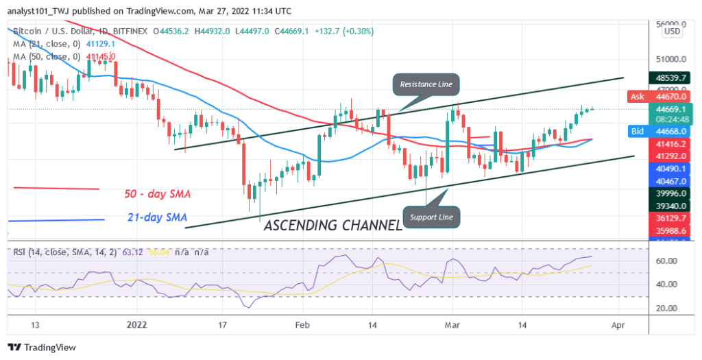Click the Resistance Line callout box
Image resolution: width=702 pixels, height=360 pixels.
click(x=426, y=84)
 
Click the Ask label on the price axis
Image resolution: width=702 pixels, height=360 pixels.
click(x=636, y=97)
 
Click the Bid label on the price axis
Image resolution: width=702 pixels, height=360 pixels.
click(x=636, y=131)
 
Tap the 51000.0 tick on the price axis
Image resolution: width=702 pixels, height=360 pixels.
click(x=669, y=59)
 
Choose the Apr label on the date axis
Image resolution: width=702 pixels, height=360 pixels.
click(x=618, y=324)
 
